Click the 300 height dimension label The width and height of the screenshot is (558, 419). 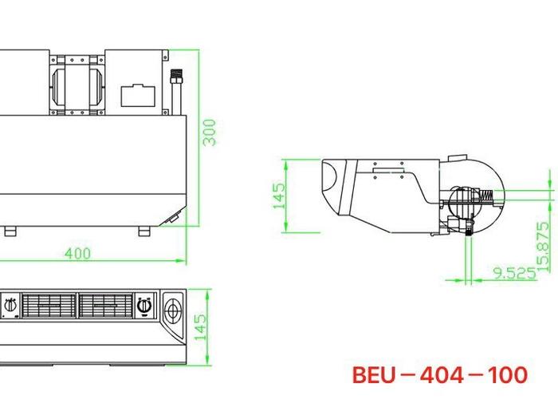[x=209, y=132]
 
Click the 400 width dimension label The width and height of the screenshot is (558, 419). [x=78, y=253]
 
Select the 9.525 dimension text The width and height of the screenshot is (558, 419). [x=514, y=273]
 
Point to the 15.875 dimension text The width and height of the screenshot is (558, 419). [x=544, y=247]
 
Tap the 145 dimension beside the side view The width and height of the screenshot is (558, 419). [x=279, y=196]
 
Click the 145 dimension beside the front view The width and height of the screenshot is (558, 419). [x=200, y=326]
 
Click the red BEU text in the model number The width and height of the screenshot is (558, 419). [x=374, y=375]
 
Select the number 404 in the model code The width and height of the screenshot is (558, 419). [x=442, y=375]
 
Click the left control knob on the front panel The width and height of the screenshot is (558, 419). [x=10, y=306]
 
